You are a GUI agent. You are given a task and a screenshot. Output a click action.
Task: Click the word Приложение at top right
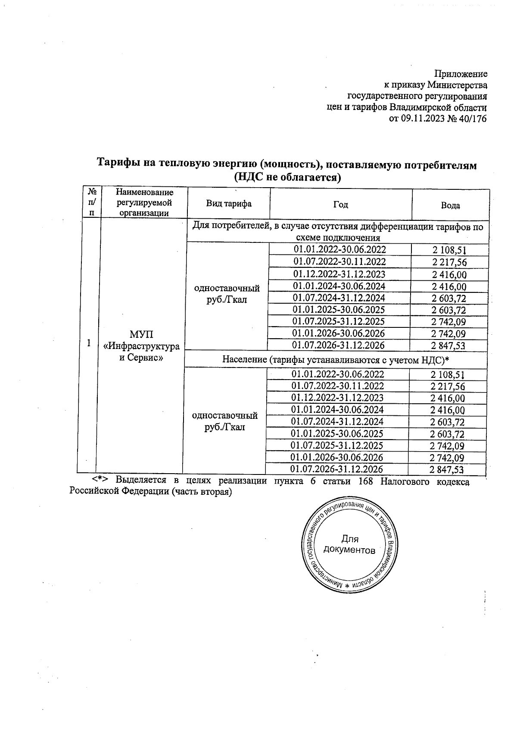pos(461,74)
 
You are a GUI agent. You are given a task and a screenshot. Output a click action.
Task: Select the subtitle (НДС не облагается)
pos(287,177)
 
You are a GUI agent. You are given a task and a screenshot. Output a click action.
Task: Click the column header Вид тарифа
pos(228,204)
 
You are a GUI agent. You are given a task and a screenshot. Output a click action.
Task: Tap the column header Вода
pos(450,206)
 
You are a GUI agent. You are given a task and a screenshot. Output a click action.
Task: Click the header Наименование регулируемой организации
pos(144,202)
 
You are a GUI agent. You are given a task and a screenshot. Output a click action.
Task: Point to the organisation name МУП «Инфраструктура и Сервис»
pos(141,346)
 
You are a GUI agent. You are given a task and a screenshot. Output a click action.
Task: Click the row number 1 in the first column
pos(89,343)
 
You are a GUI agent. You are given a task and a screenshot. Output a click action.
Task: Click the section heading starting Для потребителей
pos(338,232)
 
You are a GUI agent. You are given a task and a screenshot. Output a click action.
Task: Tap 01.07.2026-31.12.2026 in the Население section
pos(337,469)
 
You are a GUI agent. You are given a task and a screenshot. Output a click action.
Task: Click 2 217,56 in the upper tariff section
pos(449,262)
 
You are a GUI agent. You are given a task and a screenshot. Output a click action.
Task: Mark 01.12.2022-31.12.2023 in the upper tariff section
pos(339,274)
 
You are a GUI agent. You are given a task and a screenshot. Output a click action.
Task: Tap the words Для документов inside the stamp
pos(349,545)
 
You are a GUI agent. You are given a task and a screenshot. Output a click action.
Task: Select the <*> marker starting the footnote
pos(100,480)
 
